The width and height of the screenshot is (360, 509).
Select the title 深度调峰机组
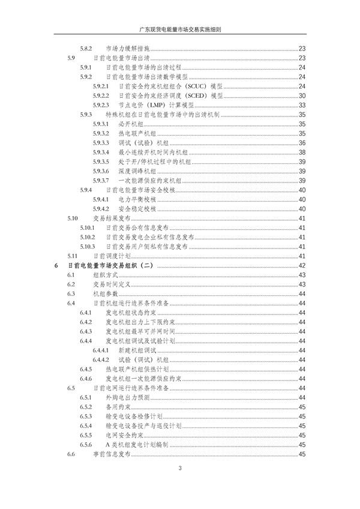coord(137,171)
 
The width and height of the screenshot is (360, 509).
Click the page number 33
coord(302,105)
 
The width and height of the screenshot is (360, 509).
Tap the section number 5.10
coord(73,218)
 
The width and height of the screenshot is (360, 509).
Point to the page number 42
coord(302,266)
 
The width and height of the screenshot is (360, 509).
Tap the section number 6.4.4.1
coord(100,351)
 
